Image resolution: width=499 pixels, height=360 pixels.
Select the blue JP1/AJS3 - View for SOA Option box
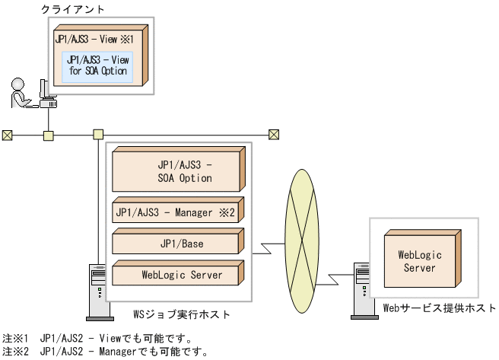[97, 65]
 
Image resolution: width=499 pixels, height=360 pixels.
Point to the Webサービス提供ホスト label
[438, 308]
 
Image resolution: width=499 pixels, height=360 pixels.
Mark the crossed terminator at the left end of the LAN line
[8, 135]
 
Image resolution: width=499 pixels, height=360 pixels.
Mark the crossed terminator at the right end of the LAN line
[274, 135]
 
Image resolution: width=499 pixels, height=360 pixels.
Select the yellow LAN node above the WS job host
[98, 135]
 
